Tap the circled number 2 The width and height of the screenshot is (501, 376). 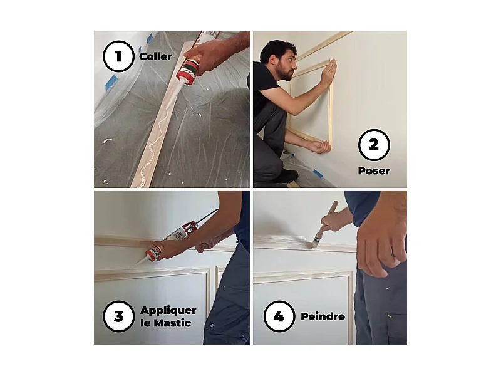click(x=374, y=145)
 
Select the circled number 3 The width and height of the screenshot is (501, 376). click(x=119, y=316)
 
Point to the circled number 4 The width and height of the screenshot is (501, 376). click(x=279, y=316)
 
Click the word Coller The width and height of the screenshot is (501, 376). click(x=155, y=57)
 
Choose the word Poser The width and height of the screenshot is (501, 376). click(x=374, y=170)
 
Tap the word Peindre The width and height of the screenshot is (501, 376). click(x=323, y=316)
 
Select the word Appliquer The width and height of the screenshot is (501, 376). click(x=168, y=310)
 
